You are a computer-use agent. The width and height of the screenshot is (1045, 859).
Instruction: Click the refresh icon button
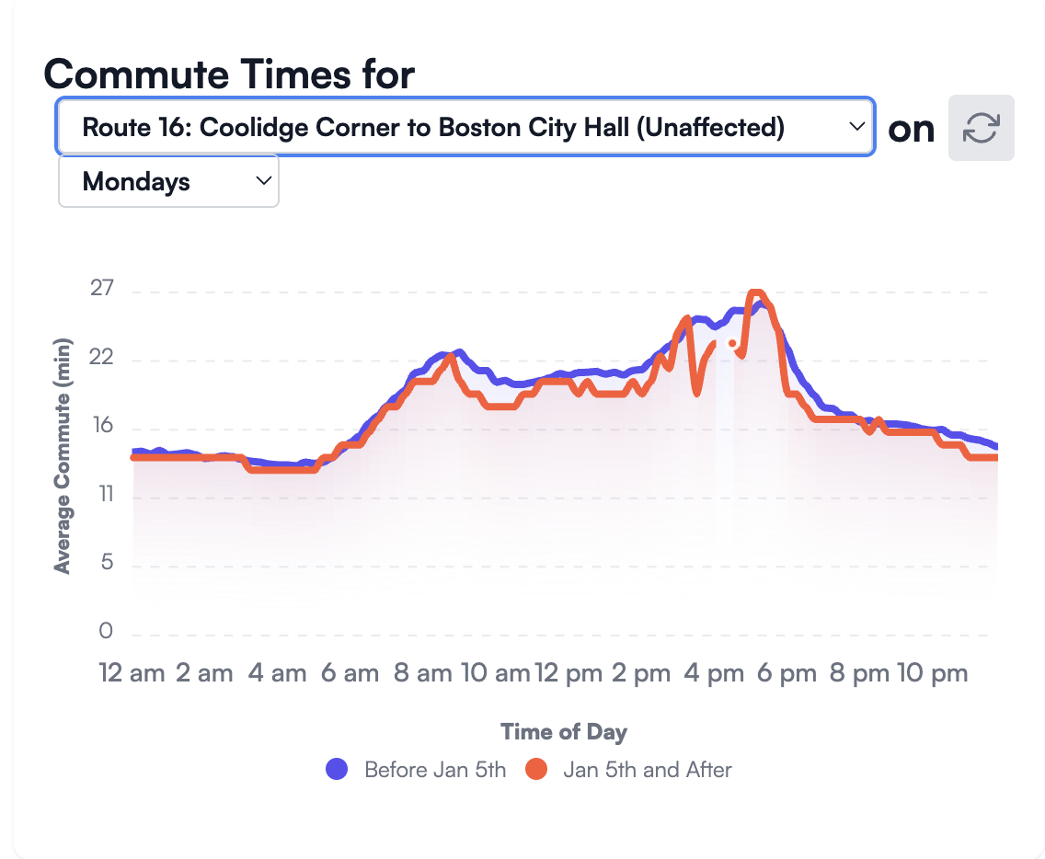click(981, 128)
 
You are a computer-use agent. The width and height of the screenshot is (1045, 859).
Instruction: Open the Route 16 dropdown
click(465, 127)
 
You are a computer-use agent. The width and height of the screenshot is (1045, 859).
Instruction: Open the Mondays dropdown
click(168, 181)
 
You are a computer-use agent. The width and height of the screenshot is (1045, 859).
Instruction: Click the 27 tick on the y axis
click(102, 290)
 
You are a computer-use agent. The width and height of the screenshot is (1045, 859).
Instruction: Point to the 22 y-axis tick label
click(102, 358)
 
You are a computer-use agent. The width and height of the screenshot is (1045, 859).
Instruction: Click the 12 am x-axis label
click(132, 673)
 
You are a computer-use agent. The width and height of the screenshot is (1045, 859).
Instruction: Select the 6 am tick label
click(350, 673)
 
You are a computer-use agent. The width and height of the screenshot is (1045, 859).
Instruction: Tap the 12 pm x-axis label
click(568, 673)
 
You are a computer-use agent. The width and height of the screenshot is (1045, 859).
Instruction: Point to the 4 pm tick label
click(715, 673)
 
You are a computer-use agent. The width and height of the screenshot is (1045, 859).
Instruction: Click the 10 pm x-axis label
click(933, 673)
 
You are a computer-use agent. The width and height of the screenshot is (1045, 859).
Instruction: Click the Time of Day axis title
click(564, 732)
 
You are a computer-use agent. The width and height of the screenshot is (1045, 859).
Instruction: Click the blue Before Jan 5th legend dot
click(338, 769)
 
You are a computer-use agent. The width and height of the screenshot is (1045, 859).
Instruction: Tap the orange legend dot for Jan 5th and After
click(536, 769)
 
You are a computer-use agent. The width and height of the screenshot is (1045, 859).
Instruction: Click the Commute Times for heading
click(229, 74)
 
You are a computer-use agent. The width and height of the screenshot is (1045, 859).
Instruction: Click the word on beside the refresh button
click(912, 129)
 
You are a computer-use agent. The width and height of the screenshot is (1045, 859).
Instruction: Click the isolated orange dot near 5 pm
click(732, 343)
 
